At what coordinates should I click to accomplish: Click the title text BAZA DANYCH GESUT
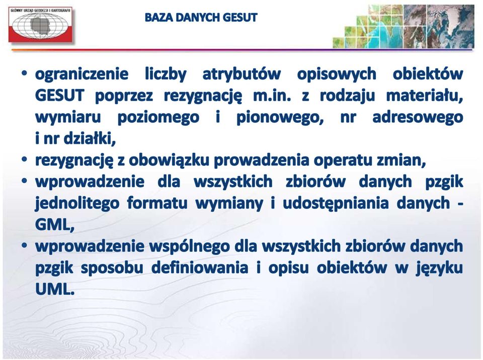[201, 18]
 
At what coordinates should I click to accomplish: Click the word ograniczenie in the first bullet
[82, 74]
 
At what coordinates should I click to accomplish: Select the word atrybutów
[242, 74]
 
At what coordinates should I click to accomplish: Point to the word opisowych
[337, 74]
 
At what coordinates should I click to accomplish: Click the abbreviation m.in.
[272, 96]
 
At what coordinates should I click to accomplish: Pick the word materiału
[425, 96]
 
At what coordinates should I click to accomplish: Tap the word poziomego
[158, 118]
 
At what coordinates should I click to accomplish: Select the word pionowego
[280, 118]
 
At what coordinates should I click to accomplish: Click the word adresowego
[418, 117]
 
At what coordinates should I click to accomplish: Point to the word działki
[90, 139]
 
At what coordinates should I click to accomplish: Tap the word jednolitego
[77, 203]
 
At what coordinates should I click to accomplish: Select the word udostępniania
[335, 203]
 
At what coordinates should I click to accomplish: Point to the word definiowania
[200, 267]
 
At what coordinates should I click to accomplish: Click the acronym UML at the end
[55, 289]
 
